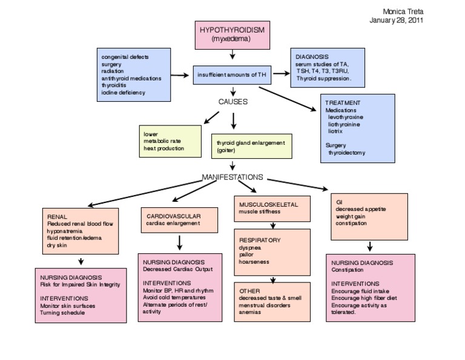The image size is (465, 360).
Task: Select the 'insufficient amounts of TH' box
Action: tap(232, 75)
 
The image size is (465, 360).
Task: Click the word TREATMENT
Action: tap(343, 103)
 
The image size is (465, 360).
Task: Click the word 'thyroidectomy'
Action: tap(347, 153)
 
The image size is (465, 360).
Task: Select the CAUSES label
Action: tap(233, 102)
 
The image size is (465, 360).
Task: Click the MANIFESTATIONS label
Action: tap(232, 177)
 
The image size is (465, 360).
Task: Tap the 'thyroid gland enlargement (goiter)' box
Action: tap(250, 146)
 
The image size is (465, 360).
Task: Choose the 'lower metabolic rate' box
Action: tap(170, 141)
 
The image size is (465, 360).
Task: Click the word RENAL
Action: tap(58, 216)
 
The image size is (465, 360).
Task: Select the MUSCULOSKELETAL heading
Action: tap(269, 205)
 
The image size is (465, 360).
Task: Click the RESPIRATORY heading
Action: tap(260, 240)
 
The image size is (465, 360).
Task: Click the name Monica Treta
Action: tap(403, 12)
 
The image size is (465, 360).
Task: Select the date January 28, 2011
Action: tap(397, 20)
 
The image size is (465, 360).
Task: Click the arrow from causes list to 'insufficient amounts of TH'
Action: tap(179, 75)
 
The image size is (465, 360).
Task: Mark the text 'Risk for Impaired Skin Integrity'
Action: tap(81, 284)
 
